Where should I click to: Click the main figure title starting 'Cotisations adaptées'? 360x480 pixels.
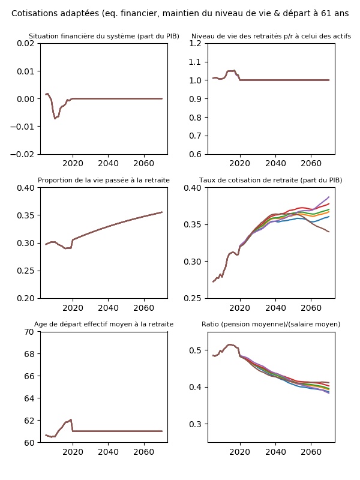(180, 13)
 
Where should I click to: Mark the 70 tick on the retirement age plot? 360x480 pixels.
(28, 331)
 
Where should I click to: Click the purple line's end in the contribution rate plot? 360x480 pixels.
(329, 197)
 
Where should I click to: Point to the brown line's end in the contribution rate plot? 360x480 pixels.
(329, 232)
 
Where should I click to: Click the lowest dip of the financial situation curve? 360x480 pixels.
(55, 118)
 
